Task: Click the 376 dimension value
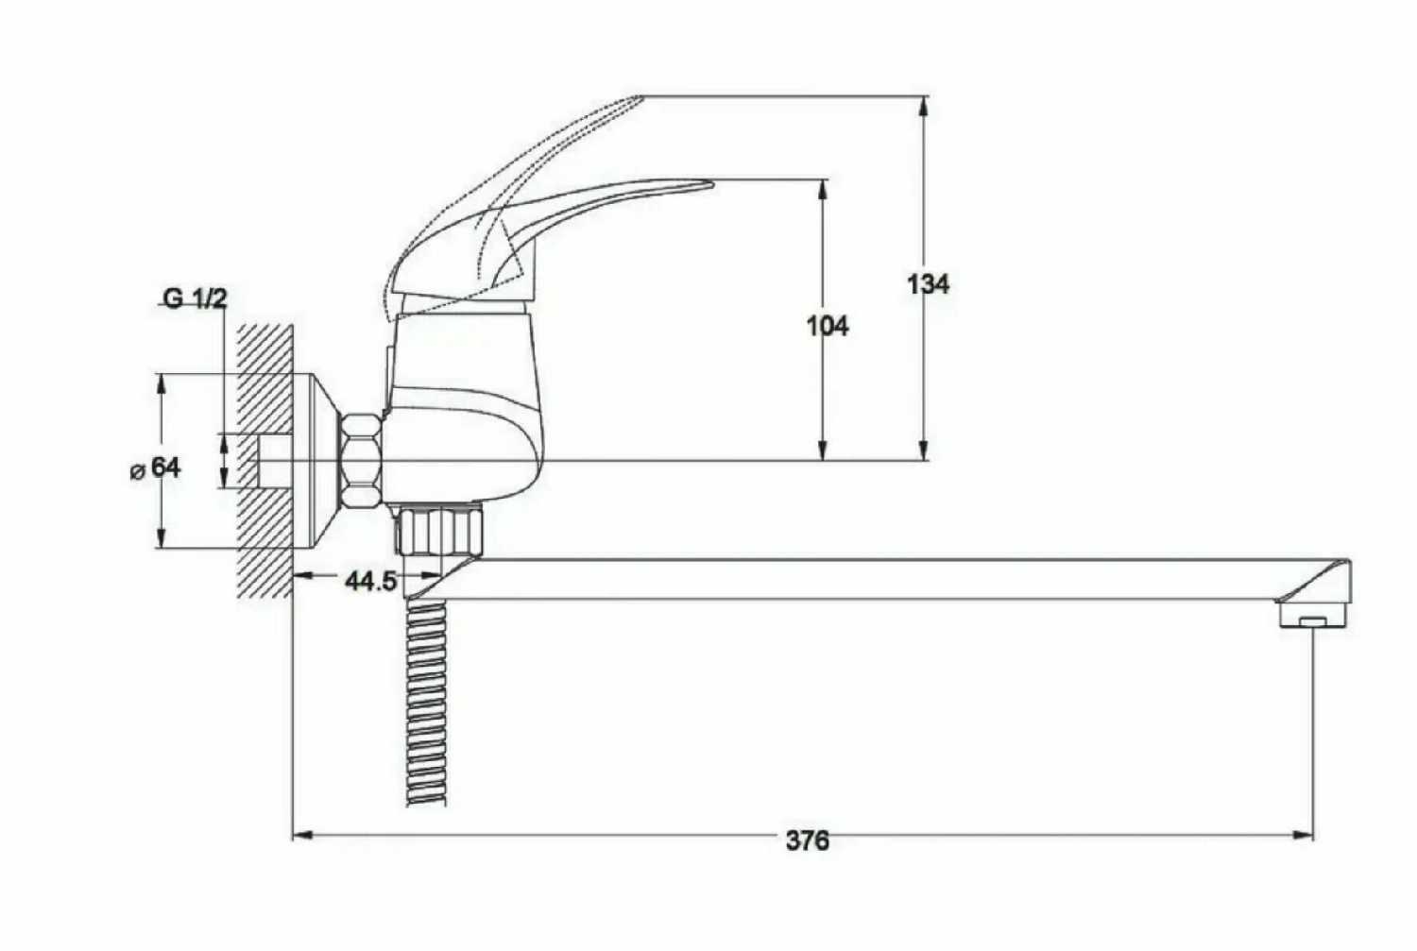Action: (x=807, y=841)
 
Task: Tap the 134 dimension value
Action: (x=928, y=284)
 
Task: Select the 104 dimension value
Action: (x=828, y=326)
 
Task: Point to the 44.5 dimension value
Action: (x=370, y=581)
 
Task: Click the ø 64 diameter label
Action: (x=156, y=468)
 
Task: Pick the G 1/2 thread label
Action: (x=195, y=298)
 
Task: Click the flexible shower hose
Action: (x=426, y=702)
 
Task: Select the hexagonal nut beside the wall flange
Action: (x=361, y=460)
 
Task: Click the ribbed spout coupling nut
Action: (x=440, y=530)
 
